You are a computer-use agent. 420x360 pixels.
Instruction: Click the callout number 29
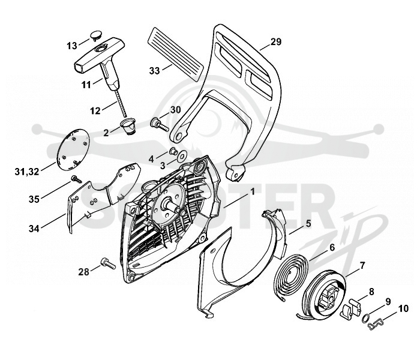pyautogui.click(x=276, y=42)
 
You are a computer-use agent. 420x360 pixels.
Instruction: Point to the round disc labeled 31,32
pyautogui.click(x=73, y=149)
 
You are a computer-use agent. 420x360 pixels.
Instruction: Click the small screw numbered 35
pyautogui.click(x=76, y=179)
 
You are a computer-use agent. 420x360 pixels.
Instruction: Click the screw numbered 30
pyautogui.click(x=160, y=125)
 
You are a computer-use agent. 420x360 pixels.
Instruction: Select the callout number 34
pyautogui.click(x=34, y=229)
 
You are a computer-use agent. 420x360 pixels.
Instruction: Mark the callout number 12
pyautogui.click(x=95, y=110)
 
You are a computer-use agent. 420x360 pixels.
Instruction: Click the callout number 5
pyautogui.click(x=308, y=223)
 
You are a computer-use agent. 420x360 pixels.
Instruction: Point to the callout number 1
pyautogui.click(x=252, y=191)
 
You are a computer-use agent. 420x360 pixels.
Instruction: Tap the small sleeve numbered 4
pyautogui.click(x=173, y=151)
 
